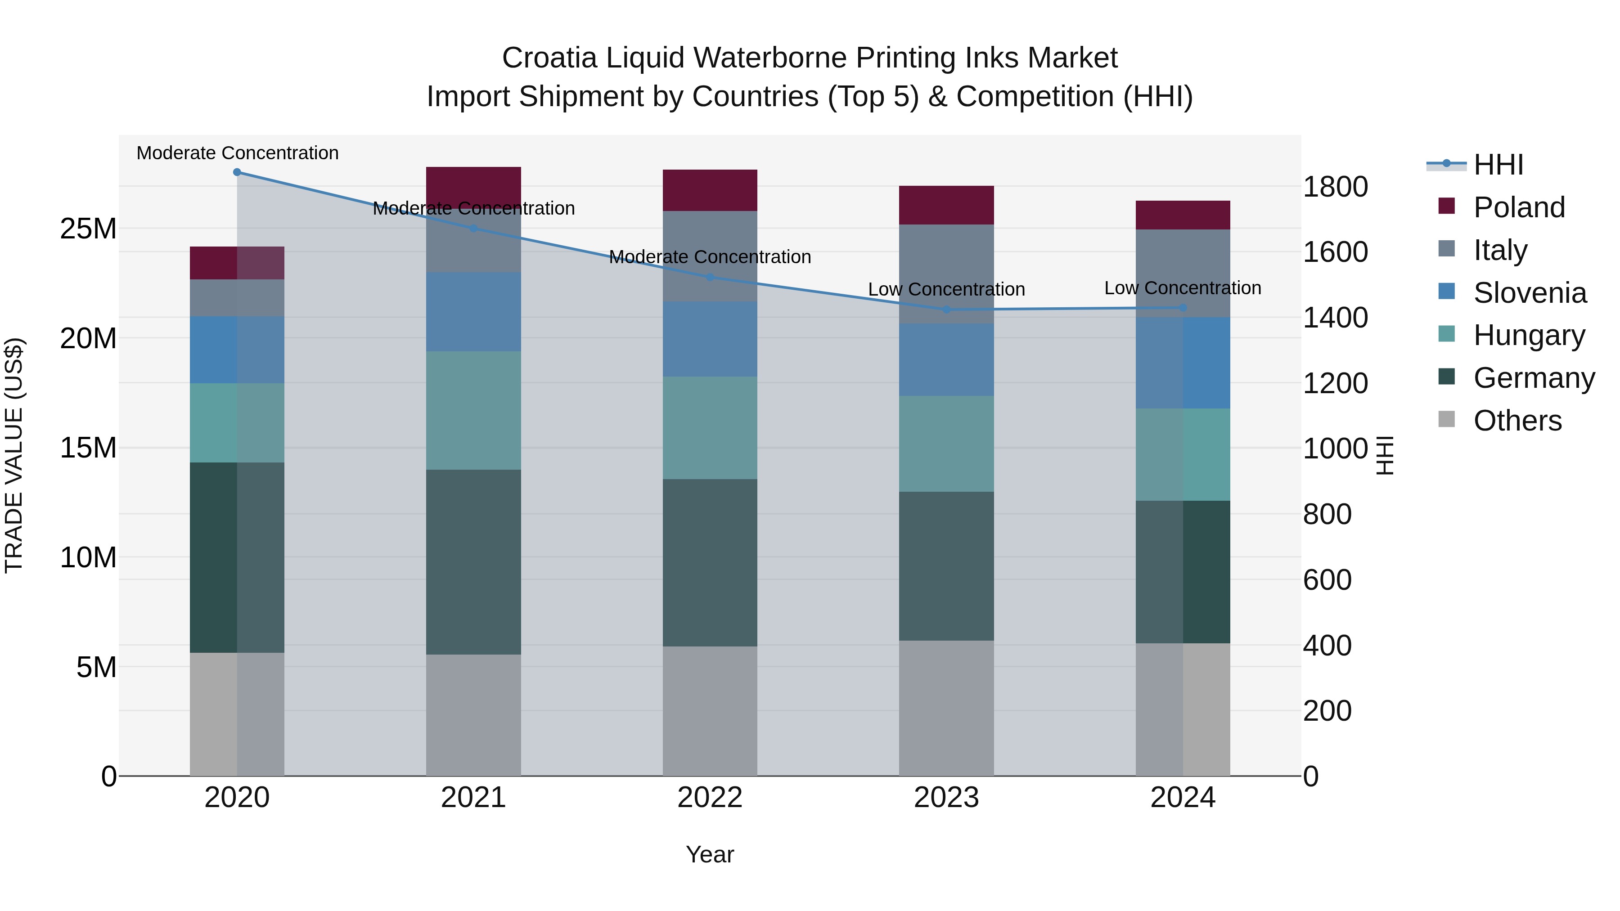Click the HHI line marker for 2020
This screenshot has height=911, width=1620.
237,172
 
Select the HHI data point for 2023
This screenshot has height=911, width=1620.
946,310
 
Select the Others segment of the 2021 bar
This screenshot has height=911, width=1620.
473,715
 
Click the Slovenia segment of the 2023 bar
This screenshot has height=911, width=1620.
946,359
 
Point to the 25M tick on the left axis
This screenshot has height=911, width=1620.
88,229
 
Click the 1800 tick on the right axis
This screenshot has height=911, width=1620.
1335,187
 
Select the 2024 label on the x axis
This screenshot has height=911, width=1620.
1182,798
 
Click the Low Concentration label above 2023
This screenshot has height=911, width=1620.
946,289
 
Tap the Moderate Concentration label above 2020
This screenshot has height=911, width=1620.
237,153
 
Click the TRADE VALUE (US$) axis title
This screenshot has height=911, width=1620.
14,455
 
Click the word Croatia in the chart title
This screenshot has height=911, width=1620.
549,58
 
